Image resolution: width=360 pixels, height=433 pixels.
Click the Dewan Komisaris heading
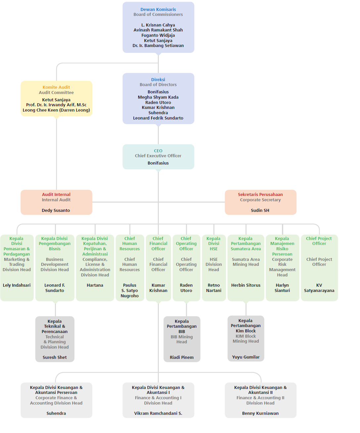(158, 9)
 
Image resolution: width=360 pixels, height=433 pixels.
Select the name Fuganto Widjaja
(158, 35)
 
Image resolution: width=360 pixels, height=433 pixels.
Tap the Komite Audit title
(56, 87)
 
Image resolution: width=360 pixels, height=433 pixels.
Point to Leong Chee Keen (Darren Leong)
(56, 110)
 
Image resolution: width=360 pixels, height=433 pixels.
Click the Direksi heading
(158, 79)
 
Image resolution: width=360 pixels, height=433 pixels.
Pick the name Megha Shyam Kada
(158, 97)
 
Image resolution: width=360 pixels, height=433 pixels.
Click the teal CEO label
(158, 151)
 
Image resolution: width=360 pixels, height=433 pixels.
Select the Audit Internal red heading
(56, 194)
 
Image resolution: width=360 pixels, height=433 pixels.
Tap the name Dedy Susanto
(56, 210)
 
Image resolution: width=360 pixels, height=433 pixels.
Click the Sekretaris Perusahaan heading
(260, 194)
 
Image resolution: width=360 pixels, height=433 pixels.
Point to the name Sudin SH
(260, 210)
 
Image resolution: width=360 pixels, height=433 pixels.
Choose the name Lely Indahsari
(17, 285)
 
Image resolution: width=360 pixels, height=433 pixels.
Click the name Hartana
(95, 285)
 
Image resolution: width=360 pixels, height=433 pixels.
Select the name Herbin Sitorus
(246, 285)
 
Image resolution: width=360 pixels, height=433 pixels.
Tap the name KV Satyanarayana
(319, 288)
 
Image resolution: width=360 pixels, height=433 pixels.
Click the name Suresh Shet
(55, 357)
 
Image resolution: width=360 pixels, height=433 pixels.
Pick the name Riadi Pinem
(182, 357)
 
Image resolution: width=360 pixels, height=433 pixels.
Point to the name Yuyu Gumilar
(246, 357)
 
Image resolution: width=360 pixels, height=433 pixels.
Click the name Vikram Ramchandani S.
(158, 413)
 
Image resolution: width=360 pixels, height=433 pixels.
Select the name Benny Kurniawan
(260, 413)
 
